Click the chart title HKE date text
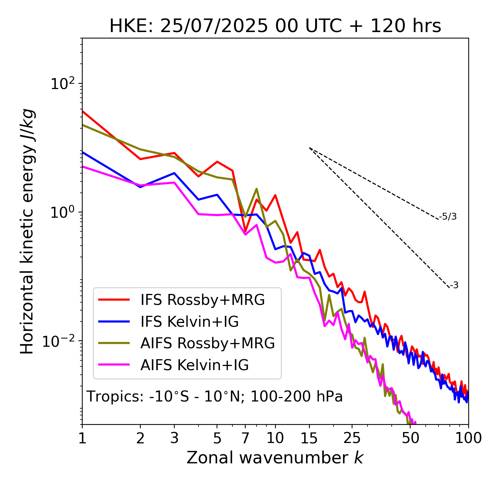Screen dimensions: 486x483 point(275,26)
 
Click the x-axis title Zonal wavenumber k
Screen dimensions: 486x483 point(275,458)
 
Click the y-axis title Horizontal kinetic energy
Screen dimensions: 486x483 point(28,231)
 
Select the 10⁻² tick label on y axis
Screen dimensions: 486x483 point(60,341)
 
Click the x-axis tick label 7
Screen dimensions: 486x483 point(245,438)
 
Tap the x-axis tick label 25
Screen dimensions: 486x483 point(352,438)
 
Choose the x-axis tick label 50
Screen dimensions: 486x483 point(410,438)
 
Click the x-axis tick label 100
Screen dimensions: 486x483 point(468,438)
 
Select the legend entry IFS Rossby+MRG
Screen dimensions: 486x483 point(203,300)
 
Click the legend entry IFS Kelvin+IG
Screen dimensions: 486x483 point(189,321)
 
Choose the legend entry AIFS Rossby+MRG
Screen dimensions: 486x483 point(208,343)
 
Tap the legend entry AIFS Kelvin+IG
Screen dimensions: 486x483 point(194,365)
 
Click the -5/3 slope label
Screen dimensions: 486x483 point(448,217)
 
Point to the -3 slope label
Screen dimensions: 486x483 point(454,286)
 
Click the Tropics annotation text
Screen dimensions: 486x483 point(215,397)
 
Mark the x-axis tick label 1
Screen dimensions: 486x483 point(82,438)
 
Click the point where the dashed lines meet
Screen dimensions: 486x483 point(309,148)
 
